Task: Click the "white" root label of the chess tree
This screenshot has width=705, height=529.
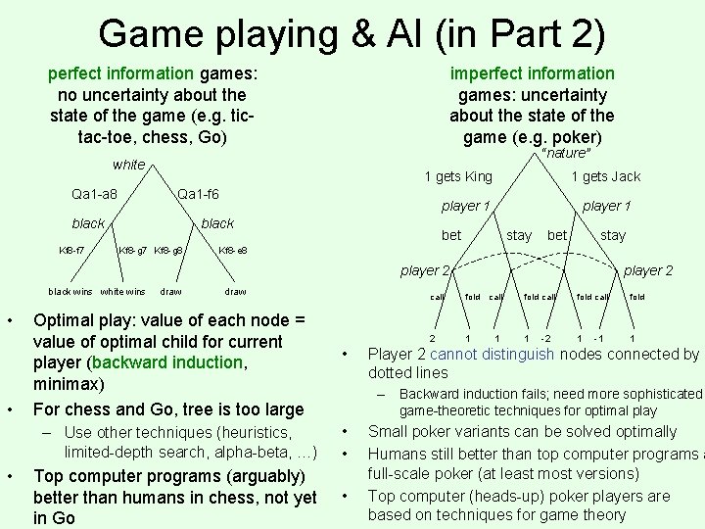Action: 128,165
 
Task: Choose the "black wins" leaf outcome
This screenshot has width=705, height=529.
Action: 70,291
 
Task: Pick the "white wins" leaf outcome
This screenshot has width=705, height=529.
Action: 122,291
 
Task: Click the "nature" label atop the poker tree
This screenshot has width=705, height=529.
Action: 565,154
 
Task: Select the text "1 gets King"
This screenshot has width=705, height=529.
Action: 457,176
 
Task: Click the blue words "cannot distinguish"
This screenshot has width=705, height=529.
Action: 481,355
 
